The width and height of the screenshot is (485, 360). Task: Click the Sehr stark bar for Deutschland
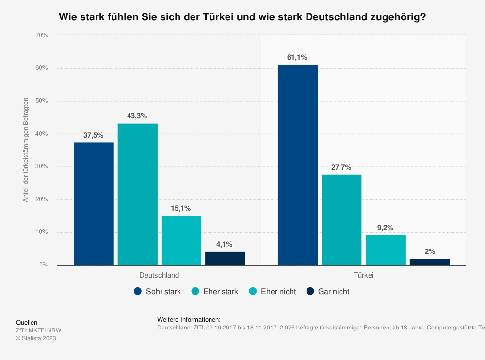point(94,203)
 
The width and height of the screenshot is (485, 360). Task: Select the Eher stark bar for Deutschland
point(137,194)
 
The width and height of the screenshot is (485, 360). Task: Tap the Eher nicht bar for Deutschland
point(181,240)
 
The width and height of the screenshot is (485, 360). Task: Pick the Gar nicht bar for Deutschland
point(225,258)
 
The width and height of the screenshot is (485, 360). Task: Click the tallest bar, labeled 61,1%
point(298,165)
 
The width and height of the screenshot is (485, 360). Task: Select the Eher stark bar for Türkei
point(341,219)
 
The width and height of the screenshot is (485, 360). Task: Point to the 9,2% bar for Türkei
point(386,250)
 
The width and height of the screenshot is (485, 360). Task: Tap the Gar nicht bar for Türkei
point(429,262)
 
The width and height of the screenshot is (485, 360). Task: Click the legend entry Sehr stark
point(158,292)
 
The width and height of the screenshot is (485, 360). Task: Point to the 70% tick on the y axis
point(41,35)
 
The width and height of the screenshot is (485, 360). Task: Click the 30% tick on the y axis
point(41,167)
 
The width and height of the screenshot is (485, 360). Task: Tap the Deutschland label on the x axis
point(159,275)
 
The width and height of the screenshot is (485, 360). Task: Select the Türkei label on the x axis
point(363,275)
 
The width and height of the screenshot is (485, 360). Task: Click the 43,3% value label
point(137,116)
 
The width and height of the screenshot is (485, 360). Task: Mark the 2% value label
point(429,251)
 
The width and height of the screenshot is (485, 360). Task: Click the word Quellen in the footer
point(27,323)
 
